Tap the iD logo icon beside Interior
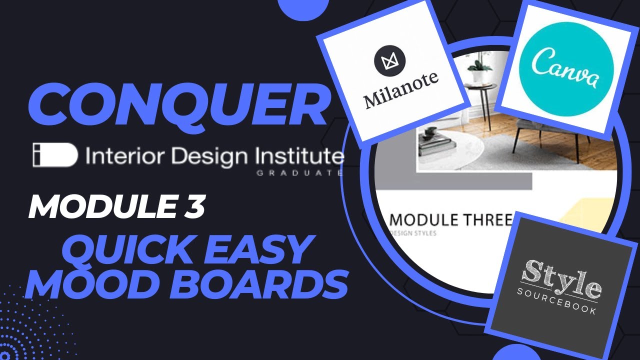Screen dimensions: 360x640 [x=55, y=155]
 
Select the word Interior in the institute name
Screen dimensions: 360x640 [x=116, y=156]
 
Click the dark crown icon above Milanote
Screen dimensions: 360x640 [x=389, y=61]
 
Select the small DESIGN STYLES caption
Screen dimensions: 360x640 [x=414, y=234]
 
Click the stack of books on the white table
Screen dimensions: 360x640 [x=436, y=142]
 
